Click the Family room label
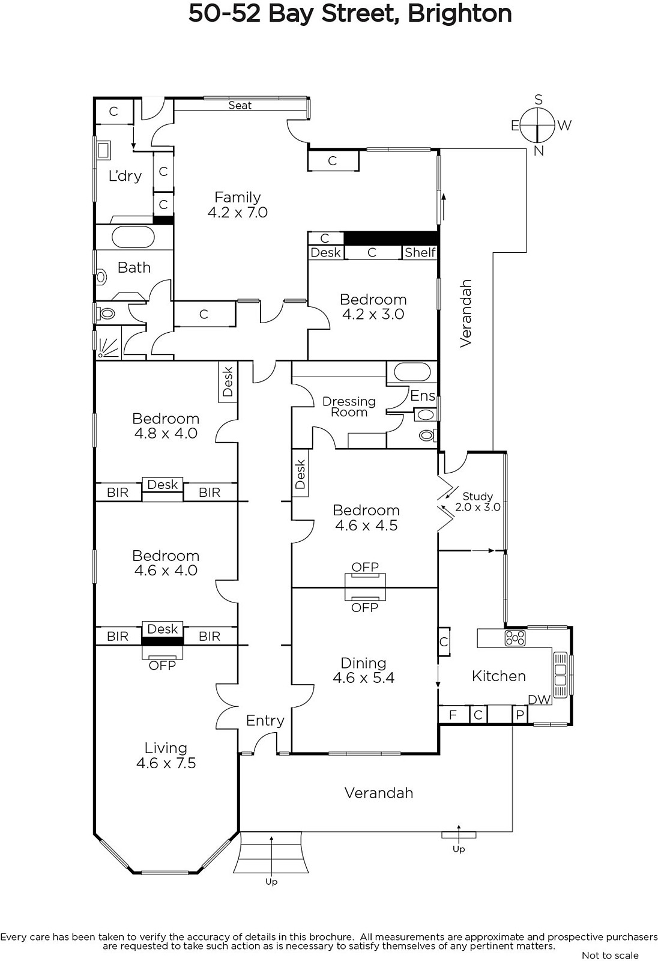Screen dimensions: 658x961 coord(238,198)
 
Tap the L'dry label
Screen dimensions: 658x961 coord(125,175)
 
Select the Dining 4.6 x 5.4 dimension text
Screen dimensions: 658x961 coord(363,678)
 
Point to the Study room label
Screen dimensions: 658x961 coord(477,496)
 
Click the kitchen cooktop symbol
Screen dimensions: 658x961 coord(515,638)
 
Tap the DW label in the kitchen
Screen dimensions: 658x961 coord(539,700)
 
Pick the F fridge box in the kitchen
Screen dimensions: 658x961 coord(453,715)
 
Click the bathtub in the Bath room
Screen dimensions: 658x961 coord(133,237)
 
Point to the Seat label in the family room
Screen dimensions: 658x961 coord(240,106)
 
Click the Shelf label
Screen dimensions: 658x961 coord(420,252)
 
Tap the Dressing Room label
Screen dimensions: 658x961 coord(349,407)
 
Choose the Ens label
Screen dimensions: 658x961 coord(423,396)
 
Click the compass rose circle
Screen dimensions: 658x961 coord(537,126)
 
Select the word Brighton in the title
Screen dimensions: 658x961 coord(459,14)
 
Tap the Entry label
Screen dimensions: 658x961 coord(265,720)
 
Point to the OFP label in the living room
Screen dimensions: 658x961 coord(162,665)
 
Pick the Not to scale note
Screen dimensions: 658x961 coord(610,955)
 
